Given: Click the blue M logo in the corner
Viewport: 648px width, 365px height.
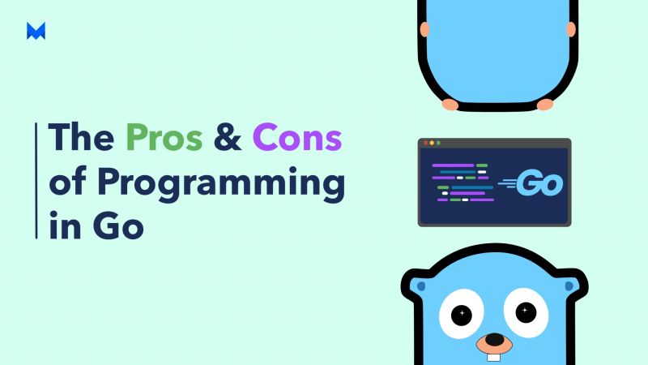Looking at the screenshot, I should [x=36, y=31].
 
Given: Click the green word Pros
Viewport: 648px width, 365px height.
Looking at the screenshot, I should [x=164, y=138].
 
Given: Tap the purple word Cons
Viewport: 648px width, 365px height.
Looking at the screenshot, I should [x=296, y=138].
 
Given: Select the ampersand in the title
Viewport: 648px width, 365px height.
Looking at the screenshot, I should [x=228, y=138].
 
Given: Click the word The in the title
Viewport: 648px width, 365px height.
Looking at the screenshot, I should [x=83, y=138].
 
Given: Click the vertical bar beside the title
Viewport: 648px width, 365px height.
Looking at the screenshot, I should [x=36, y=180].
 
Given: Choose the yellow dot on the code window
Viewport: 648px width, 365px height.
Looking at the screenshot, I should [x=431, y=143].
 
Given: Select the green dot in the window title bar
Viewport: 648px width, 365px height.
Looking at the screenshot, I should [x=438, y=143].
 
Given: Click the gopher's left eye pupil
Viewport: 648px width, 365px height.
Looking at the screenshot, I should [x=462, y=312].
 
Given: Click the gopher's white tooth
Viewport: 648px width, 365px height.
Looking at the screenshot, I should [x=493, y=355].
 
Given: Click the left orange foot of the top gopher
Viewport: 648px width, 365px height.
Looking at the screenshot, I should [x=450, y=104].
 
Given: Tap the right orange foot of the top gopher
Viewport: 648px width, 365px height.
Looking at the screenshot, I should [x=545, y=104].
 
